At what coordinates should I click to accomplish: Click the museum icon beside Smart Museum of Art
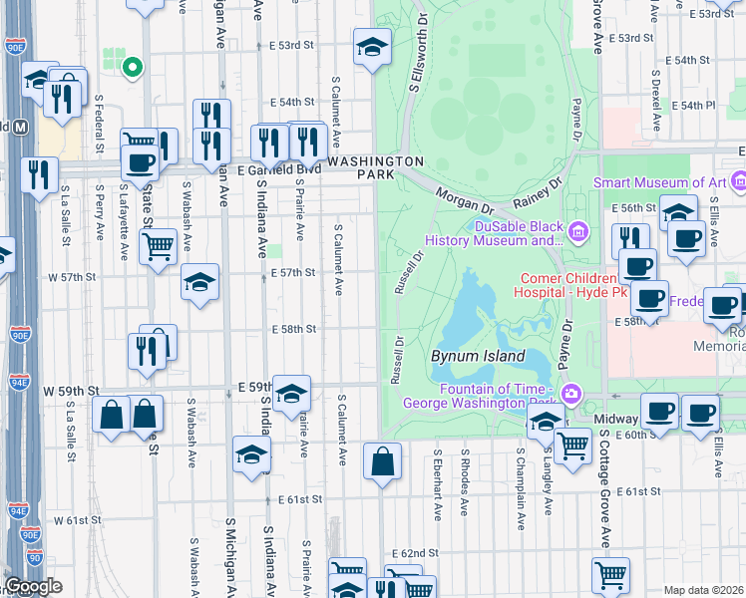(738, 182)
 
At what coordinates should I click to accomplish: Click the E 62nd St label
(415, 552)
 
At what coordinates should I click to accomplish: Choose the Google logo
(33, 586)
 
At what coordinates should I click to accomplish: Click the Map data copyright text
(704, 590)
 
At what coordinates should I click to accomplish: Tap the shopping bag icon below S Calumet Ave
(382, 461)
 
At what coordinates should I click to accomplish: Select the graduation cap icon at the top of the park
(372, 46)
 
